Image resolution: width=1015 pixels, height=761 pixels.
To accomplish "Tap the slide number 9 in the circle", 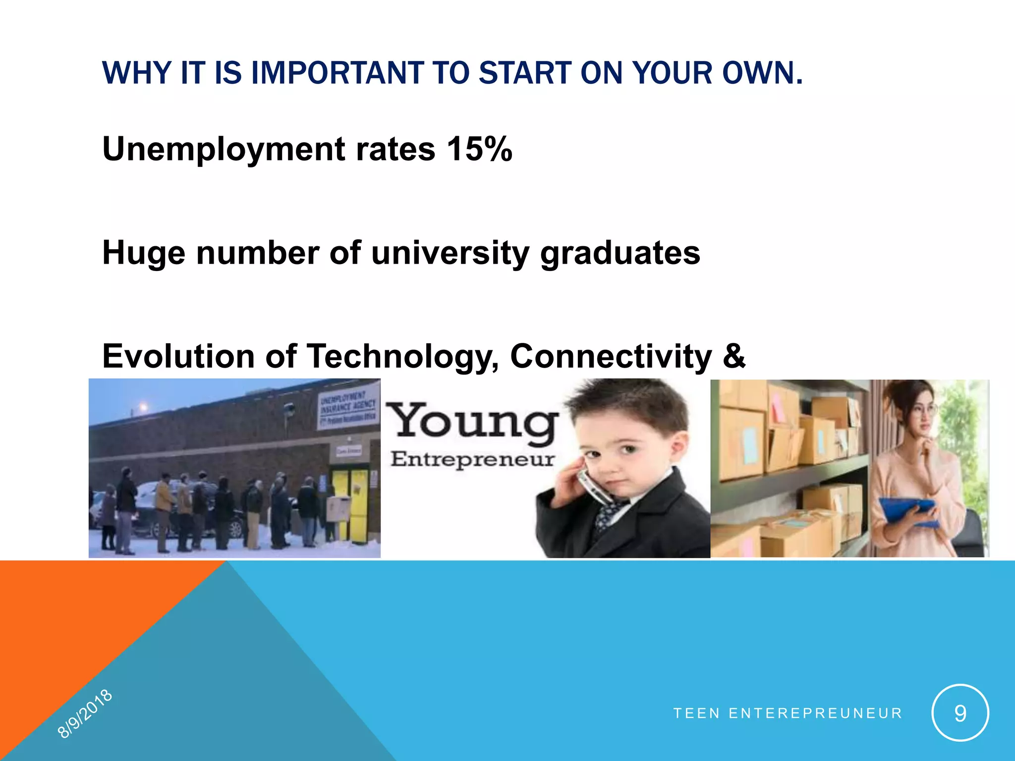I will [960, 713].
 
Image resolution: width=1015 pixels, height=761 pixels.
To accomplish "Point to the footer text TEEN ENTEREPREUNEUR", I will [788, 713].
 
